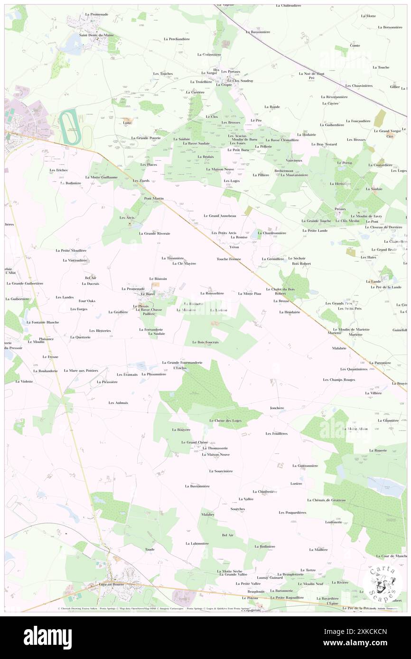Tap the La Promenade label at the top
[x=97, y=14]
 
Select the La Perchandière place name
[x=177, y=39]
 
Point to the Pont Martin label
[x=154, y=198]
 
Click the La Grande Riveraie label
[x=155, y=233]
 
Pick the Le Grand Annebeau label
[x=220, y=216]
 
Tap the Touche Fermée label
[x=229, y=259]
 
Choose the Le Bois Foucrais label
[x=205, y=342]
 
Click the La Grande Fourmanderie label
[x=182, y=362]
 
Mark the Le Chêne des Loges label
[x=225, y=421]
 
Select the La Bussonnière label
[x=197, y=486]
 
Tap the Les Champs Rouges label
[x=339, y=380]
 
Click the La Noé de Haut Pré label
[x=312, y=75]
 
